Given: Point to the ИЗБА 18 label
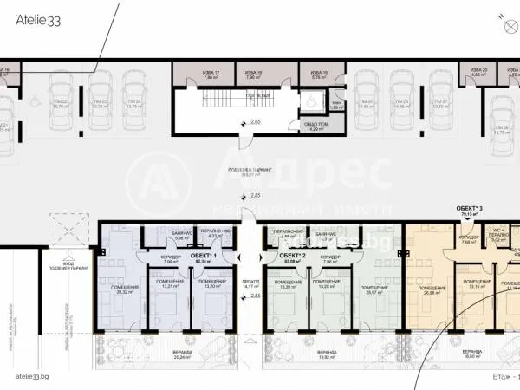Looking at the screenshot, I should [252, 75].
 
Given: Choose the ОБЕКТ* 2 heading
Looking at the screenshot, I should [292, 256].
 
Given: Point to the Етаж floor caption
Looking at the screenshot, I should [498, 377].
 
